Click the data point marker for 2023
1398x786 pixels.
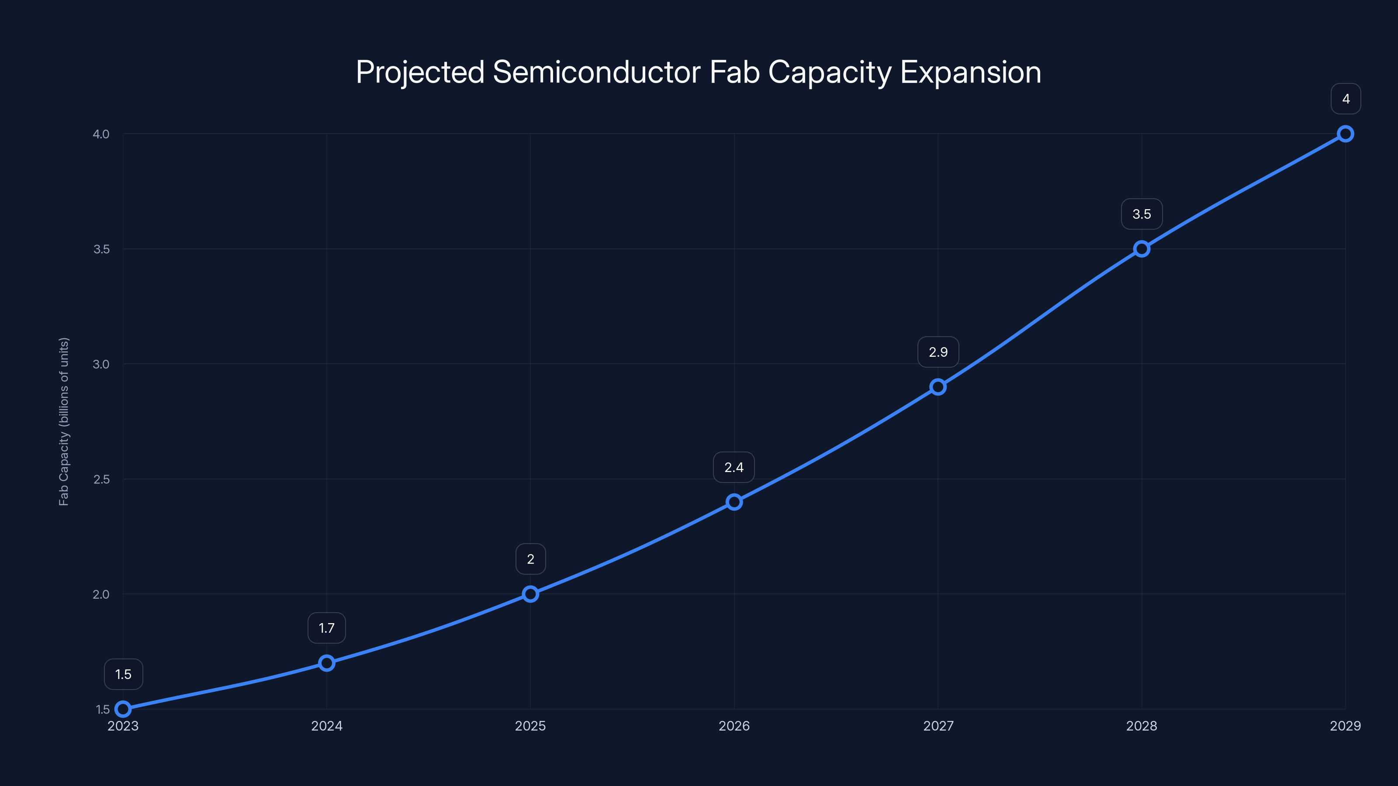coord(123,709)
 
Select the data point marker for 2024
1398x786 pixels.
coord(327,663)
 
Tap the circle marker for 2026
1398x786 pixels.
coord(734,502)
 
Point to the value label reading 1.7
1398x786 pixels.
coord(327,628)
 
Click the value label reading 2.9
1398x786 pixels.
coord(938,352)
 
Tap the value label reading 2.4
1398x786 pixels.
coord(734,468)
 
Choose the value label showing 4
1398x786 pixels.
coord(1346,99)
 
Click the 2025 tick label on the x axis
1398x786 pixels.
coord(530,726)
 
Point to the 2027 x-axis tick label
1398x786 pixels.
coord(938,726)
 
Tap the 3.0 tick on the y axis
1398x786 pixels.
coord(101,364)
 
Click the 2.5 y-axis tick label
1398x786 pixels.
coord(101,479)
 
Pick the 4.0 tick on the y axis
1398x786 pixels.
coord(101,134)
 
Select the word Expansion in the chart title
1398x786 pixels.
coord(970,72)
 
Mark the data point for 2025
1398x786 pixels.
coord(530,594)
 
